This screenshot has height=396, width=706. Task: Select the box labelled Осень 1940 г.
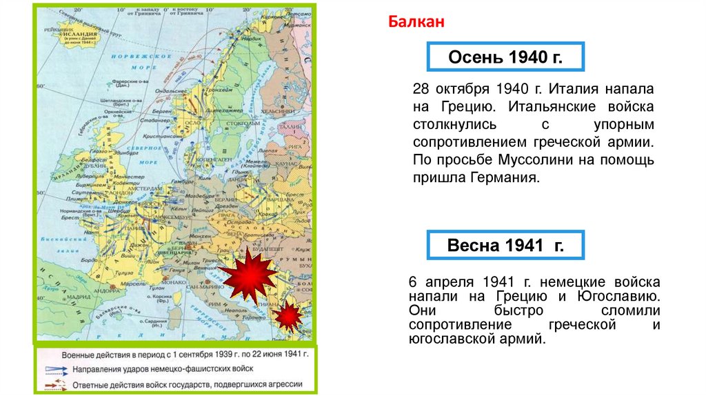(505, 57)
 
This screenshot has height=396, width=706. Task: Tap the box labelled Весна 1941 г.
(505, 246)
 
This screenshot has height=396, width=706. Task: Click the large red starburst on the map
(249, 276)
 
